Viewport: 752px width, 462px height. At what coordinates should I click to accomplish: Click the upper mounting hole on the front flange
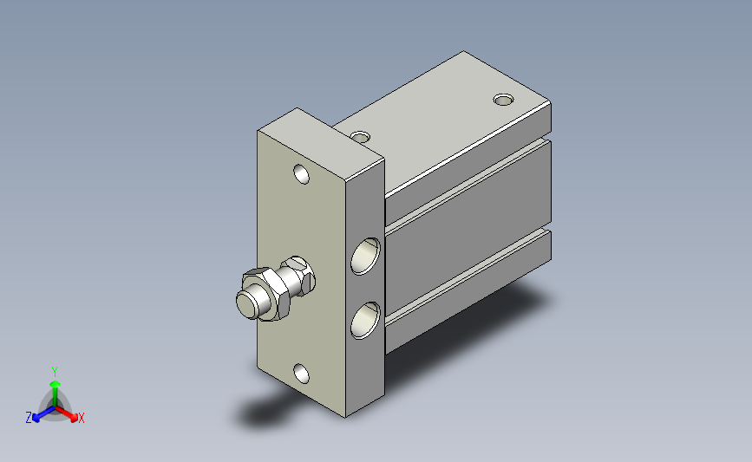tap(301, 174)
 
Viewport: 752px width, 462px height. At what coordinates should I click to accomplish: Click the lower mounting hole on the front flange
tap(301, 374)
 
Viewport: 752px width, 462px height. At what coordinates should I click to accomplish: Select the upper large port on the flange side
tap(365, 256)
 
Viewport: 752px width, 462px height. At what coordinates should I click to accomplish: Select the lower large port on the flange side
tap(365, 320)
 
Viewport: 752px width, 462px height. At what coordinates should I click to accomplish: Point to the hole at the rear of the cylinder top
tap(504, 100)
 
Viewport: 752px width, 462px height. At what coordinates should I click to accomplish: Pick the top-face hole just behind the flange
tap(361, 137)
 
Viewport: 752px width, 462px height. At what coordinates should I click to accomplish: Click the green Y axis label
tap(55, 372)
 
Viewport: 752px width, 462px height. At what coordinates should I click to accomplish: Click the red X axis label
tap(81, 418)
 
